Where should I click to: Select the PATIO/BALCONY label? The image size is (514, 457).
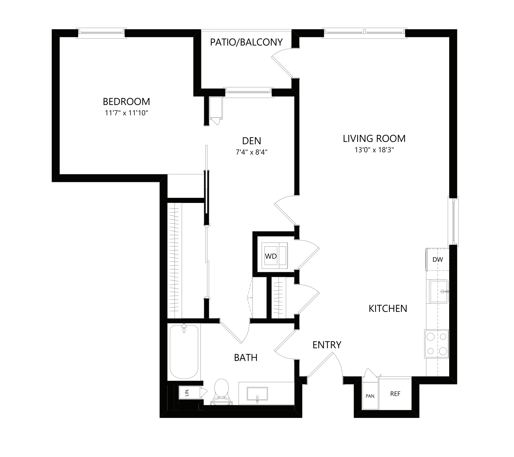(246, 42)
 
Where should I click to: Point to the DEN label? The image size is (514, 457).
(252, 141)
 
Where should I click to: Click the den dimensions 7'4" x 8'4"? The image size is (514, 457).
(252, 152)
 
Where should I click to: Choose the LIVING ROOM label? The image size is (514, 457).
(374, 139)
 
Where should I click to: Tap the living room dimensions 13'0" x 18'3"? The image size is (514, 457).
(374, 150)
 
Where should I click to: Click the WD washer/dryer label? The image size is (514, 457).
(271, 256)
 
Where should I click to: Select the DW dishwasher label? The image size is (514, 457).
(438, 260)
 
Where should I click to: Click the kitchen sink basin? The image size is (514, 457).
(438, 291)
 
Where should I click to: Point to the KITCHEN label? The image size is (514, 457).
(388, 309)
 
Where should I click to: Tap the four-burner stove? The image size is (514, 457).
(437, 344)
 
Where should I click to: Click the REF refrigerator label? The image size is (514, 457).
(395, 394)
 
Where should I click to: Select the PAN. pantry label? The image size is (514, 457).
(370, 396)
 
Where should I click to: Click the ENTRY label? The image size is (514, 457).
(327, 345)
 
